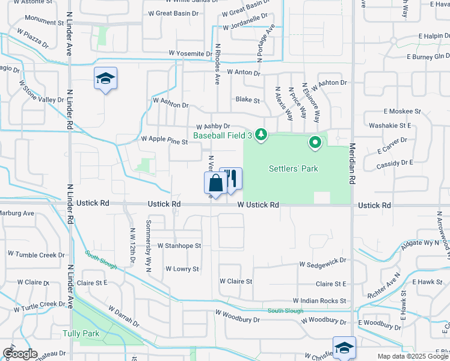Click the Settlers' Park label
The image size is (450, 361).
[294, 169]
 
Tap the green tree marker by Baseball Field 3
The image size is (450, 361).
[260, 134]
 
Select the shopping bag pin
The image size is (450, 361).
[215, 184]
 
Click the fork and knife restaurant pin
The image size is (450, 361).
[230, 179]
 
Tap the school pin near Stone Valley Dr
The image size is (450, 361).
[105, 79]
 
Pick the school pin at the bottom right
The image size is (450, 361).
[344, 348]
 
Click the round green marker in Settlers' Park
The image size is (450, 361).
[315, 143]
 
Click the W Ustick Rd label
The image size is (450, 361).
[258, 205]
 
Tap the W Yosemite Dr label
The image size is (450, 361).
[190, 54]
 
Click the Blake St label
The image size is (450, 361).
[248, 100]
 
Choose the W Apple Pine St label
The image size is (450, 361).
[165, 139]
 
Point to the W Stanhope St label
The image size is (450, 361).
[179, 245]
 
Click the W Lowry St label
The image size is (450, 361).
[182, 269]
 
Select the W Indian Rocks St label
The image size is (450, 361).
[319, 300]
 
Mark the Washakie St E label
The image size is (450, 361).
[390, 126]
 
